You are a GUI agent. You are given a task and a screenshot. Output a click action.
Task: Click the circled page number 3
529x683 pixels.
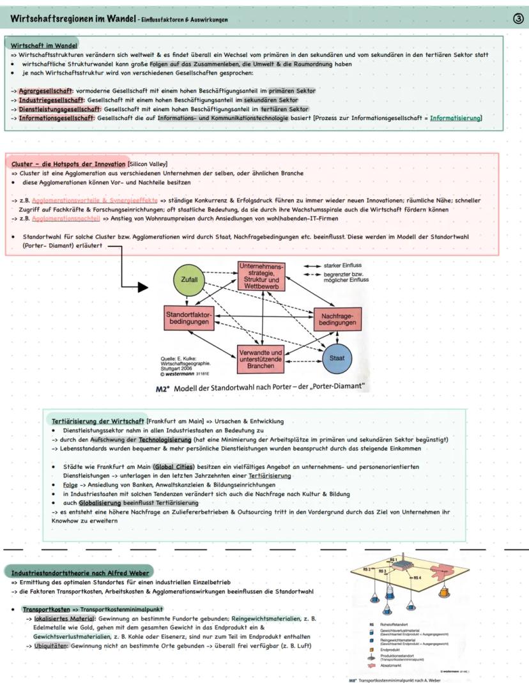tap(517, 20)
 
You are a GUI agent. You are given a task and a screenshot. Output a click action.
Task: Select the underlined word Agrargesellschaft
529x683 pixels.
tap(45, 91)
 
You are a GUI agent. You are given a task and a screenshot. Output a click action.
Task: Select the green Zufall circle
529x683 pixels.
tap(189, 280)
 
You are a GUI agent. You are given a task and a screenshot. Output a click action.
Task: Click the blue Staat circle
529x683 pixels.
tap(336, 358)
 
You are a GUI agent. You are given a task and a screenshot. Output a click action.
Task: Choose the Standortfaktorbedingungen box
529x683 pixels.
tap(188, 319)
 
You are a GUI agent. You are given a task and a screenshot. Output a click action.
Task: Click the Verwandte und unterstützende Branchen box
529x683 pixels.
tap(261, 360)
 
